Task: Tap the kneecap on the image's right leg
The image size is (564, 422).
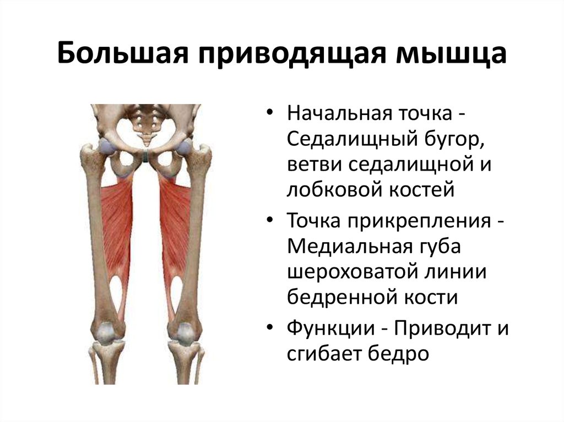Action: coord(185,332)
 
